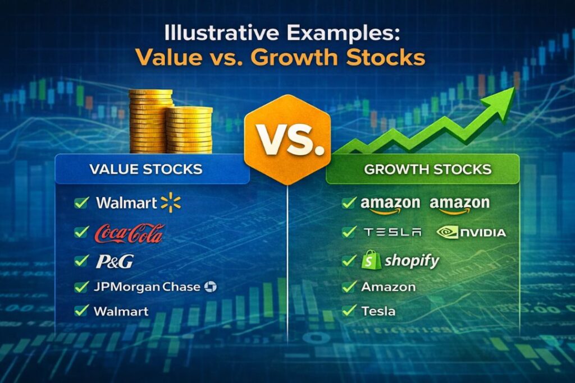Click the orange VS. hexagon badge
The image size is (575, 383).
tap(287, 140)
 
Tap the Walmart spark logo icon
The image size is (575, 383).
tap(171, 203)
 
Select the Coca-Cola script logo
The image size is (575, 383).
tap(129, 233)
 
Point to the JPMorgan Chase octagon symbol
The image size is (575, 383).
tap(211, 287)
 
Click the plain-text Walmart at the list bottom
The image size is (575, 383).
tap(121, 311)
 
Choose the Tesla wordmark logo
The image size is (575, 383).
tap(392, 232)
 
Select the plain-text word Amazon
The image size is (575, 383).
tap(389, 287)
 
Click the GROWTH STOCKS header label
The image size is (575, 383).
tap(427, 169)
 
